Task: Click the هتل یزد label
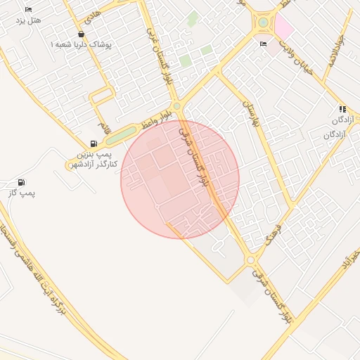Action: (29, 20)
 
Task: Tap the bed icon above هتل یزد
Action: (28, 9)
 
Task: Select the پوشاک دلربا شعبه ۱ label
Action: (81, 44)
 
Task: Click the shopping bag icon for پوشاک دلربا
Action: (82, 34)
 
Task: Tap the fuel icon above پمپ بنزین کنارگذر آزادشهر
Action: (94, 143)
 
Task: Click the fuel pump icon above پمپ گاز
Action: (21, 182)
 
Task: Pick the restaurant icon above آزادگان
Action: (342, 109)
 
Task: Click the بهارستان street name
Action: (250, 112)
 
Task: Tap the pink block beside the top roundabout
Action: (283, 27)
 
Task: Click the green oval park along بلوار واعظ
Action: (120, 134)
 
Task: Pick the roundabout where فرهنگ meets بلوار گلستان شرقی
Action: (251, 260)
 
